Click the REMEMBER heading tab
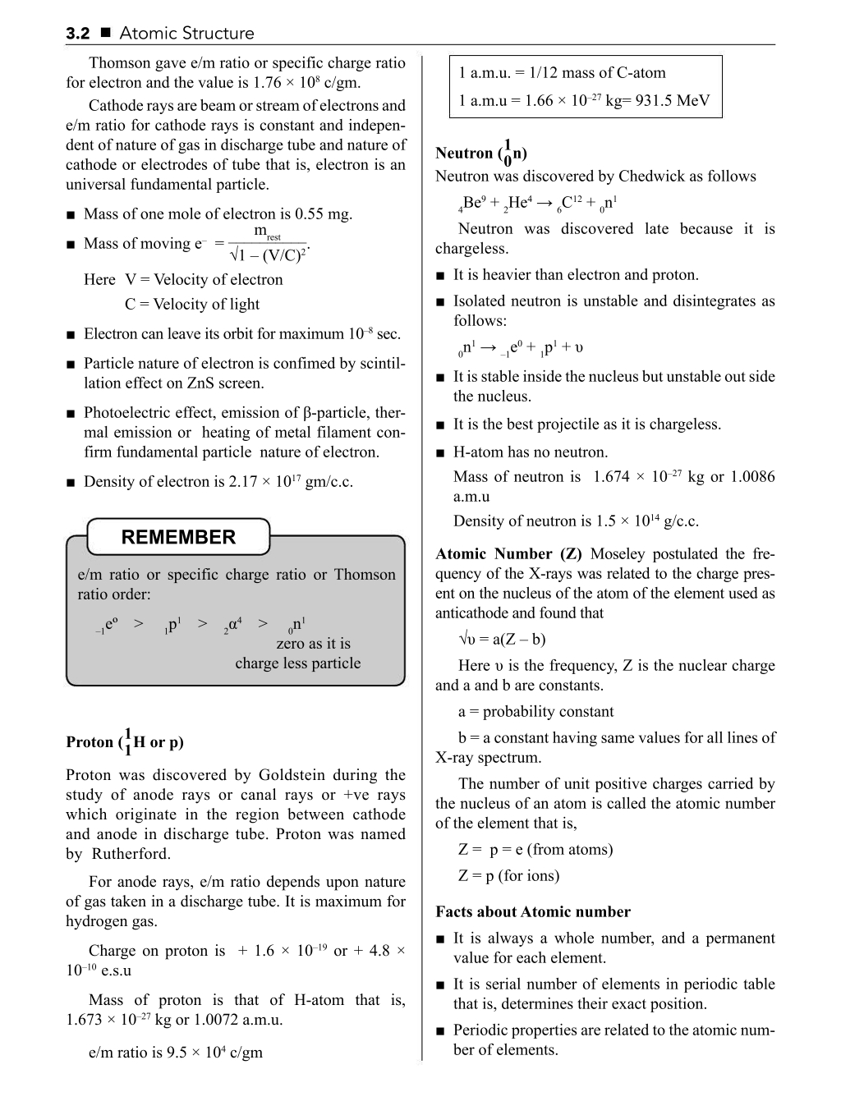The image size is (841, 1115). pyautogui.click(x=178, y=537)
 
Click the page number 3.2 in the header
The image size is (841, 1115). pyautogui.click(x=77, y=34)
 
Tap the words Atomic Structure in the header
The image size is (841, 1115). pyautogui.click(x=186, y=34)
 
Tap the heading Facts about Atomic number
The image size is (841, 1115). pyautogui.click(x=533, y=912)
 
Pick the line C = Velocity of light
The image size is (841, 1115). pyautogui.click(x=192, y=305)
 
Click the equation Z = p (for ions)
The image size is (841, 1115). pyautogui.click(x=508, y=876)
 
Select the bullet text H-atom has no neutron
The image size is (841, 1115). pyautogui.click(x=531, y=452)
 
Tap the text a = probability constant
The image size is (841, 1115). pyautogui.click(x=535, y=712)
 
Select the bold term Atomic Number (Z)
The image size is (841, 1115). pyautogui.click(x=509, y=554)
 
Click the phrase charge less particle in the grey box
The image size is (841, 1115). pyautogui.click(x=297, y=663)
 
